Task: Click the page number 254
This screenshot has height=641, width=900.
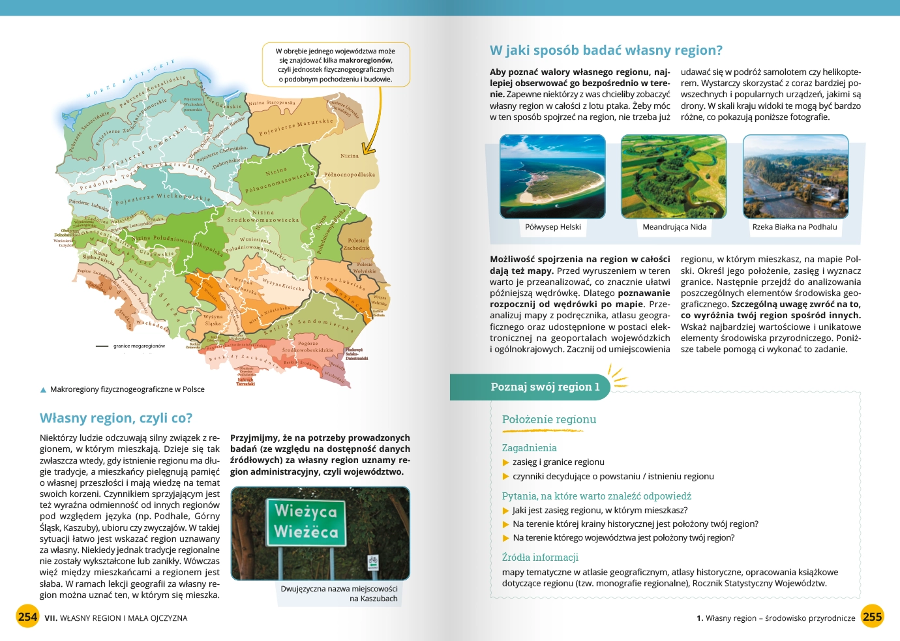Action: (x=27, y=616)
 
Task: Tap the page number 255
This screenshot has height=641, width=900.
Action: (x=872, y=616)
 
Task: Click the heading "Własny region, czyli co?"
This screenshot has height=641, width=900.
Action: (x=116, y=418)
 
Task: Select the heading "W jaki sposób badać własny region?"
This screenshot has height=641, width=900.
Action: (x=606, y=50)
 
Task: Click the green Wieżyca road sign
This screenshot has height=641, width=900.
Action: (x=306, y=522)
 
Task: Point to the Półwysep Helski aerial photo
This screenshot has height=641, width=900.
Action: (x=552, y=177)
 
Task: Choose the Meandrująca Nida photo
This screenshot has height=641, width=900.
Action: (x=674, y=177)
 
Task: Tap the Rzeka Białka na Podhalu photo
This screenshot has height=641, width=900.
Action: (x=796, y=177)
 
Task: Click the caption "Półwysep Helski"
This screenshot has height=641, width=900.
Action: (x=553, y=227)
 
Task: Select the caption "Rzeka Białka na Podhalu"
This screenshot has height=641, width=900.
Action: (x=794, y=227)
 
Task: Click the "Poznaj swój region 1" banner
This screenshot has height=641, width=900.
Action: (x=545, y=387)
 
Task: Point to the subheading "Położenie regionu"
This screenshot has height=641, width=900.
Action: (x=549, y=419)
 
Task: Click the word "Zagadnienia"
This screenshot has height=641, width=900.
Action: (x=529, y=448)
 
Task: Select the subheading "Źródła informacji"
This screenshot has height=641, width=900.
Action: (x=540, y=558)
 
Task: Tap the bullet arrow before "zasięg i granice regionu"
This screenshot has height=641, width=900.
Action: (x=505, y=462)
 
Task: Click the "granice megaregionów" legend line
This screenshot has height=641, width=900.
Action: (x=102, y=346)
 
